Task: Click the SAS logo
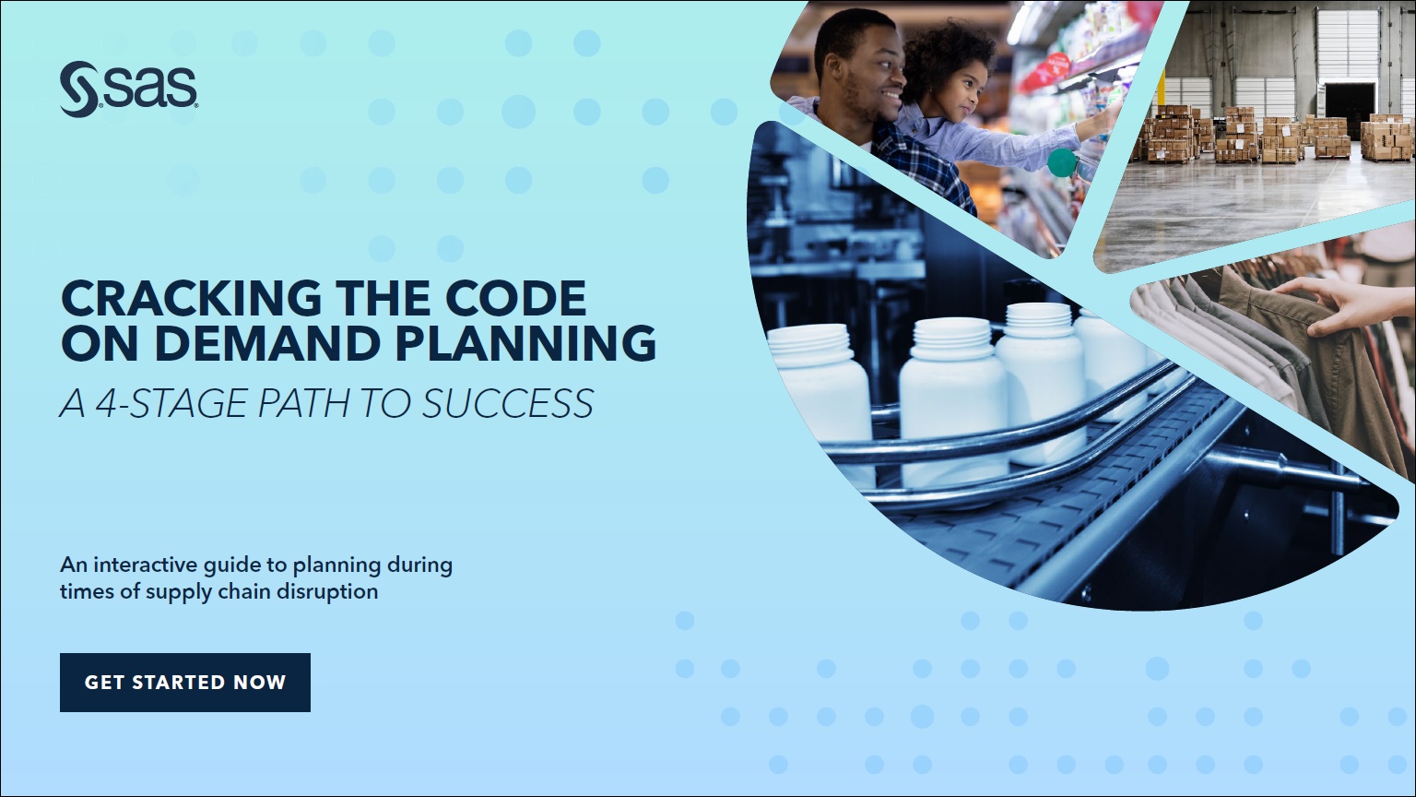point(128,89)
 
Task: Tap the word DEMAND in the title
point(266,343)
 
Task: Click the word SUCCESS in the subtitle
point(508,403)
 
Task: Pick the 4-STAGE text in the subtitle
point(171,403)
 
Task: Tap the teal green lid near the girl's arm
point(1061,162)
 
